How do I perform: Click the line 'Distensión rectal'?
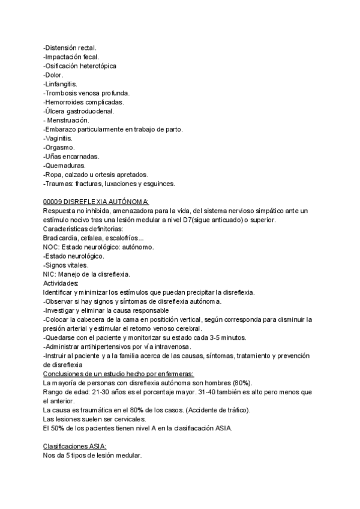click(70, 47)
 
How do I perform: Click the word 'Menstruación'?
click(68, 121)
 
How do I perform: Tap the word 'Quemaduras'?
click(65, 166)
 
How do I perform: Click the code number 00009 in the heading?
click(55, 202)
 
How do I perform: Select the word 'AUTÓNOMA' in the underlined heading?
click(127, 202)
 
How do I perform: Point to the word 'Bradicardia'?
click(62, 238)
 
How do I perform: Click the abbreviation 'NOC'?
click(51, 247)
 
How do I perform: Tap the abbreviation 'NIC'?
click(50, 274)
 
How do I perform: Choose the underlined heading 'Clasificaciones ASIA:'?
click(75, 447)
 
